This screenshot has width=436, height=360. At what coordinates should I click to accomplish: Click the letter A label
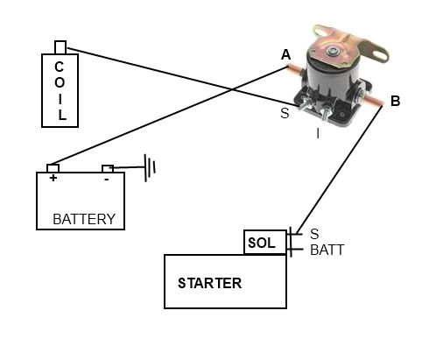coord(286,55)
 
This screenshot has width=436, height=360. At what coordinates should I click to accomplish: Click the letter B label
coord(395,102)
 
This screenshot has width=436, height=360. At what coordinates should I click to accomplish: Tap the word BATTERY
coord(84,219)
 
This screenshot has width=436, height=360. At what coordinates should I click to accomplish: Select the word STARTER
coord(209,283)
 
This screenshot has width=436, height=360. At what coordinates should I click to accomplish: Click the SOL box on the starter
coord(261,243)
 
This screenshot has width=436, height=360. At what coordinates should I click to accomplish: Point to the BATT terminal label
coord(327,250)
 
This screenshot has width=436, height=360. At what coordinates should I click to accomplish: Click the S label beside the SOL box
coord(314,234)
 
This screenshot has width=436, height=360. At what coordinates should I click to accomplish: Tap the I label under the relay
coord(318,134)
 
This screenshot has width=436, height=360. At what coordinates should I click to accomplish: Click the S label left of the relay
coord(285,113)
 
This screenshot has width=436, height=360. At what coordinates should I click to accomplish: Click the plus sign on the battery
coord(53,178)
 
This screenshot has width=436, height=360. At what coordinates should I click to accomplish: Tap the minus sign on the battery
coord(107,178)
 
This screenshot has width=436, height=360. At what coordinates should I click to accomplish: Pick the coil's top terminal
coord(60,46)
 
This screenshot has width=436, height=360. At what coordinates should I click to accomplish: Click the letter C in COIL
coord(60,67)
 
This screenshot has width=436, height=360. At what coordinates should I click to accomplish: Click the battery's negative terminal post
coord(108,168)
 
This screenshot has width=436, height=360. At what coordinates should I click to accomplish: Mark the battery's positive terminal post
coord(53,168)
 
